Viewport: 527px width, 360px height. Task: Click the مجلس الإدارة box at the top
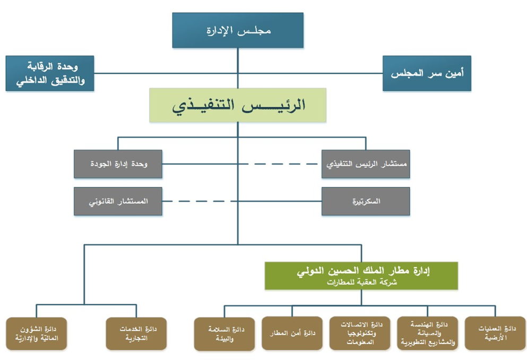238,30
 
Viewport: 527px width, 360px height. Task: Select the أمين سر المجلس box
427,73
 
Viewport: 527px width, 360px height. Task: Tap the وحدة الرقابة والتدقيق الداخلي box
49,73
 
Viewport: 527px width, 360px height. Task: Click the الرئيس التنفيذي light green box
238,105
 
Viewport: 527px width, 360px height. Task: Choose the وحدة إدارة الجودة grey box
118,164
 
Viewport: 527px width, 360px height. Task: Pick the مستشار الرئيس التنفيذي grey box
366,164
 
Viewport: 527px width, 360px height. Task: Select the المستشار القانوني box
118,201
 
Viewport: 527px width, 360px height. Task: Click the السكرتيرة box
366,201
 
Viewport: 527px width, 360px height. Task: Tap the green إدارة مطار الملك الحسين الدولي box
361,276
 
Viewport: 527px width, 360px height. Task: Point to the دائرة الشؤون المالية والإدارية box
36,333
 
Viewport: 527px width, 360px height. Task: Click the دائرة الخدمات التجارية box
136,333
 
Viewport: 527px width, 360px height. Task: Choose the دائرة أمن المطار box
292,333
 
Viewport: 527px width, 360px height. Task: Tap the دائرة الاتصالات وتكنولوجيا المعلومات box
359,333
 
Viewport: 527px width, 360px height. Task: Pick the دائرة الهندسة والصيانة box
427,333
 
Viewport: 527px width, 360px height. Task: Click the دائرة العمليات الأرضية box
495,333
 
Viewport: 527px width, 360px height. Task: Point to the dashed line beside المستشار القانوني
197,201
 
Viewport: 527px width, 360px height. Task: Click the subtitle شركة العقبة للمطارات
361,282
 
